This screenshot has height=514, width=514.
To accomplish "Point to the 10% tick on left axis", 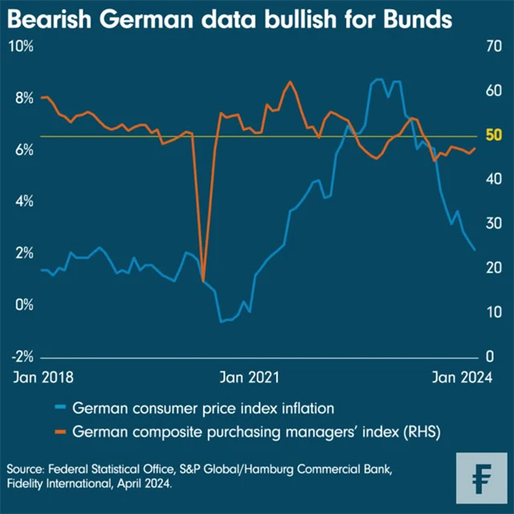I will coord(20,46).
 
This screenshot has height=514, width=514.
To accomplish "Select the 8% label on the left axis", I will coord(23,98).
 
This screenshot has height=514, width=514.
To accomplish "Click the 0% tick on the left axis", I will coord(23,305).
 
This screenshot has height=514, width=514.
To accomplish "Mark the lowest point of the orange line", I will coord(203,279).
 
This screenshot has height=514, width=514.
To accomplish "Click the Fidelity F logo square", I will coord(481,479).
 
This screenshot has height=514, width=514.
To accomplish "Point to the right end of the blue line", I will coord(475,250).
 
